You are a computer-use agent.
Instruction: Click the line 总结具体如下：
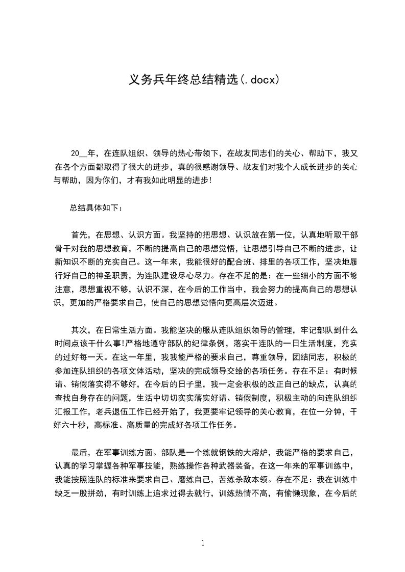[96, 207]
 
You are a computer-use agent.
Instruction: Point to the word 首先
[79, 235]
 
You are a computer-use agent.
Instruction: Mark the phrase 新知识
[66, 263]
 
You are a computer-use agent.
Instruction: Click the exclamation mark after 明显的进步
[210, 180]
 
